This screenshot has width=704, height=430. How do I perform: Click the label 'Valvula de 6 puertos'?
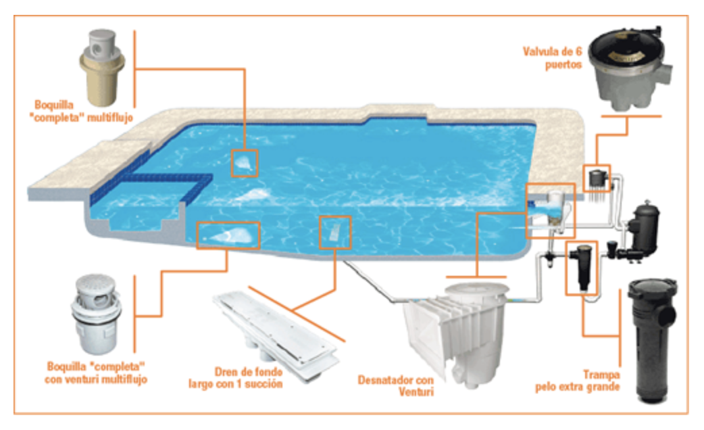[x=552, y=58]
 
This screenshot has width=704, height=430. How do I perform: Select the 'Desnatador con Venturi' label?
[x=396, y=385]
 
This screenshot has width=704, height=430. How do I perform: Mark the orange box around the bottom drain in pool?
[x=334, y=233]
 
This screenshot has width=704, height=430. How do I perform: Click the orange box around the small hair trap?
[x=582, y=267]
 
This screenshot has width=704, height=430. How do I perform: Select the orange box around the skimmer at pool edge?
[x=550, y=210]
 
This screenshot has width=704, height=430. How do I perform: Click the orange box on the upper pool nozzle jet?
[x=244, y=163]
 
